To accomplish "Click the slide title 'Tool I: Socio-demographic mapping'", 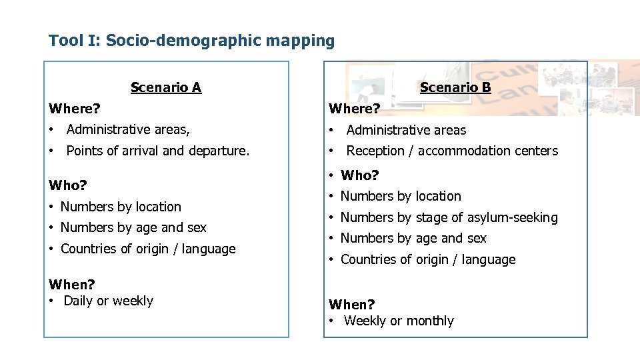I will [x=191, y=41].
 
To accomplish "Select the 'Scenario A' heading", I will [x=166, y=87].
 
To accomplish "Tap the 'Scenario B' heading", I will [x=455, y=87].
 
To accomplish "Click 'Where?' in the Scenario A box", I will [x=75, y=108].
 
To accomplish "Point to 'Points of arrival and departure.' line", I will [x=158, y=151].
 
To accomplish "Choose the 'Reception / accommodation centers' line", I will [x=452, y=151].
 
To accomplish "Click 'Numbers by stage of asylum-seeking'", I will [x=449, y=217].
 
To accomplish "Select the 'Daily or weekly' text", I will [x=108, y=301].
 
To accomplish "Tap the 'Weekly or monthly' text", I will [x=399, y=321].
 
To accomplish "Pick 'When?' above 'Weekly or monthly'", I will [x=352, y=305].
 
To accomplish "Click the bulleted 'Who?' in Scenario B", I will [x=359, y=175].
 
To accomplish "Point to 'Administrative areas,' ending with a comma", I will [x=128, y=130].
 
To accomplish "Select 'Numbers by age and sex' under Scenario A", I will [x=133, y=227].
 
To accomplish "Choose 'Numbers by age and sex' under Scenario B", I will [x=413, y=238].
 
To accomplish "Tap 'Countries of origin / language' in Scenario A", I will [x=148, y=249].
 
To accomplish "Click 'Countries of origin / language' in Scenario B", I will [x=428, y=259].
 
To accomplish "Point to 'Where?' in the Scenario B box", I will [x=355, y=108].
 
